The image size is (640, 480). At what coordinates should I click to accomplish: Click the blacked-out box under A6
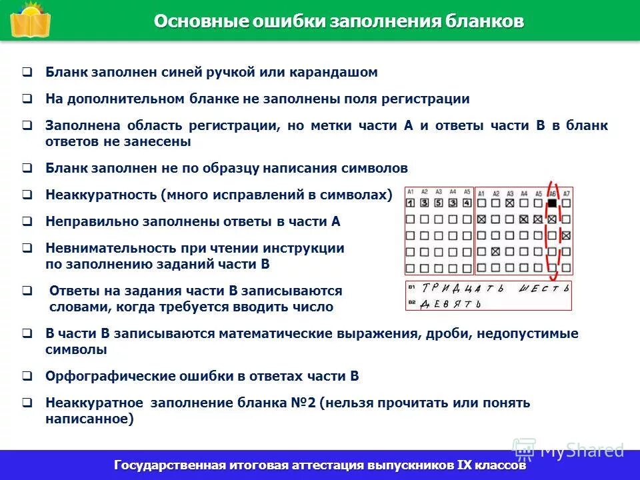coord(552,203)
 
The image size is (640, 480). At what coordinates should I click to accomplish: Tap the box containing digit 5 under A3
coord(439,203)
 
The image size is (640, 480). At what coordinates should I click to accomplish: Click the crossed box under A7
coord(566,236)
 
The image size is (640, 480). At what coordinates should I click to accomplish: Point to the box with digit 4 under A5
coord(467,203)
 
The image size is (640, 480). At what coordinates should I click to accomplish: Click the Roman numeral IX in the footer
coord(465,465)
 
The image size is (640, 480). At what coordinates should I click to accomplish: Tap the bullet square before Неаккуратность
coord(27,195)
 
